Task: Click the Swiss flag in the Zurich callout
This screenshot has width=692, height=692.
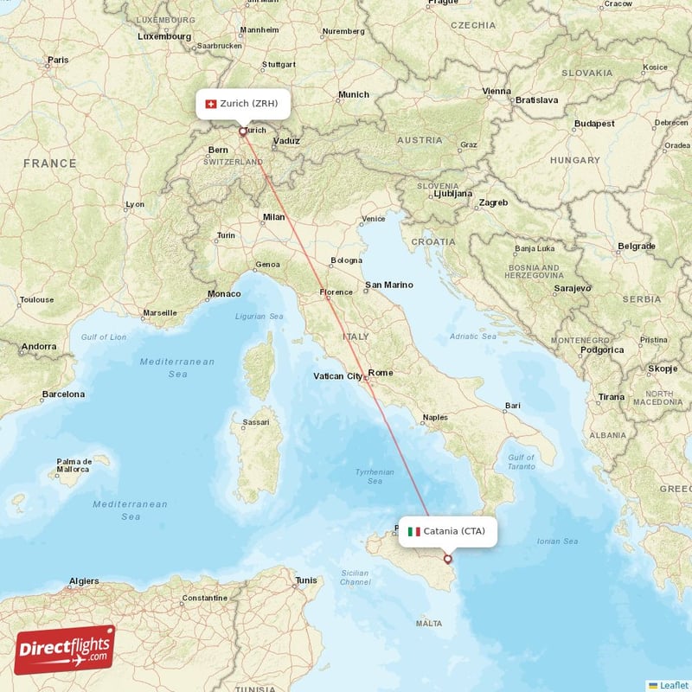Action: pyautogui.click(x=209, y=104)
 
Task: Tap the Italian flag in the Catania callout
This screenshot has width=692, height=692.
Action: pyautogui.click(x=413, y=531)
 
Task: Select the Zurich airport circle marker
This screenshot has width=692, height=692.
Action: pyautogui.click(x=243, y=132)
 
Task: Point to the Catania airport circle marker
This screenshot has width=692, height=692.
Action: pyautogui.click(x=447, y=559)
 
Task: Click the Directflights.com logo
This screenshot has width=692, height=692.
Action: pyautogui.click(x=65, y=650)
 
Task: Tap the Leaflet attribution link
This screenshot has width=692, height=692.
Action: pyautogui.click(x=672, y=684)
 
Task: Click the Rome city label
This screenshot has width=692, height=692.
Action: pyautogui.click(x=381, y=373)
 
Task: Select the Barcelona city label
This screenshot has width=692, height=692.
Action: pyautogui.click(x=64, y=394)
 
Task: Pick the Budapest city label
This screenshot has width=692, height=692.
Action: pyautogui.click(x=594, y=124)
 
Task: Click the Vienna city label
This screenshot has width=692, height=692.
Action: pyautogui.click(x=497, y=91)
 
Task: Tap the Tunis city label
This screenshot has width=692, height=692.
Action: pyautogui.click(x=306, y=580)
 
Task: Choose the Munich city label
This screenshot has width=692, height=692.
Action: pyautogui.click(x=353, y=95)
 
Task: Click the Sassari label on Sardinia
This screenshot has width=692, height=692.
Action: pyautogui.click(x=255, y=423)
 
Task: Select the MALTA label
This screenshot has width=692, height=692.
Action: pyautogui.click(x=428, y=623)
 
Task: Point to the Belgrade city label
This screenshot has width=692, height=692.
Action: pyautogui.click(x=636, y=246)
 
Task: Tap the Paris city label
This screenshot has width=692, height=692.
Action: pyautogui.click(x=58, y=61)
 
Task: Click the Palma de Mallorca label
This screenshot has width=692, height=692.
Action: pyautogui.click(x=74, y=466)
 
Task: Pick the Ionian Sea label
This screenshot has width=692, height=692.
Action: pyautogui.click(x=558, y=541)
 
